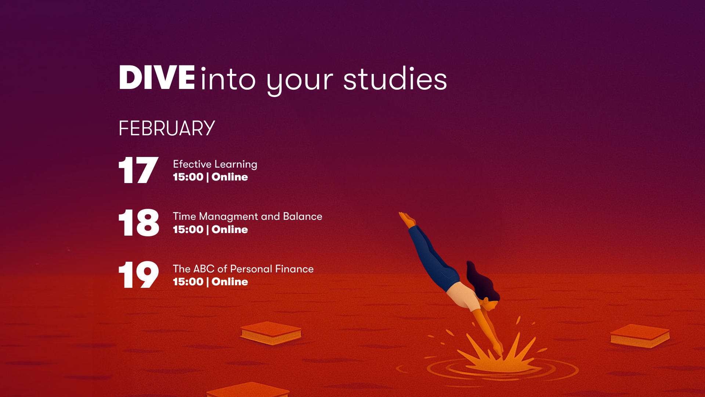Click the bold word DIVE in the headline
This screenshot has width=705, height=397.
(x=157, y=78)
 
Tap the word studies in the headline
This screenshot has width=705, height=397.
(x=395, y=79)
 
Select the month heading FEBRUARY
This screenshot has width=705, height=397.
(x=166, y=128)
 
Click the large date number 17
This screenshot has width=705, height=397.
(x=138, y=170)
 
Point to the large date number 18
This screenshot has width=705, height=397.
(x=139, y=222)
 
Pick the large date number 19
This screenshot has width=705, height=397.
(x=139, y=275)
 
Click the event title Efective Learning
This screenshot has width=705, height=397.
(x=215, y=164)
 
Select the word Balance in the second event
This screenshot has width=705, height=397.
(x=303, y=216)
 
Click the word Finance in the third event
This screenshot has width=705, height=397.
(x=294, y=269)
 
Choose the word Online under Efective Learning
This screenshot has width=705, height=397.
(x=229, y=177)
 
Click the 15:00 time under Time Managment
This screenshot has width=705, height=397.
(x=188, y=229)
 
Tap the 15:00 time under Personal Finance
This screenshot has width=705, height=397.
(x=188, y=282)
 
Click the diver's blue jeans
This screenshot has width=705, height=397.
(x=433, y=257)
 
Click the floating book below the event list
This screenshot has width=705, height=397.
(x=271, y=333)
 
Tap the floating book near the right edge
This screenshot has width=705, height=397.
(x=640, y=336)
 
